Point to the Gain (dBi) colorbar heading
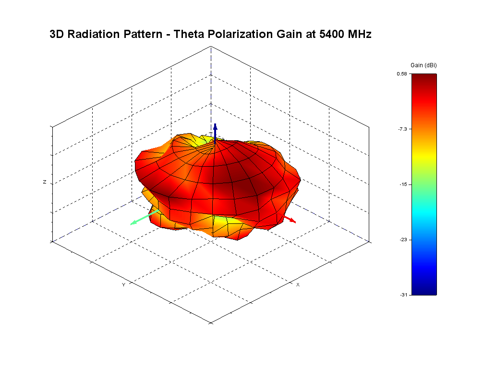coord(423,65)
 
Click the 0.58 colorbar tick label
coord(402,74)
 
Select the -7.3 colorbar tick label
coord(402,129)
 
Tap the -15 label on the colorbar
coord(403,184)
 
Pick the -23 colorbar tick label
coord(403,239)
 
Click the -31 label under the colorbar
coord(403,295)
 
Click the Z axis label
coord(45,182)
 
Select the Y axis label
coord(123,284)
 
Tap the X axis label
coord(298,284)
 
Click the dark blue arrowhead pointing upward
coord(216,127)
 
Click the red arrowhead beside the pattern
coord(293,221)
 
